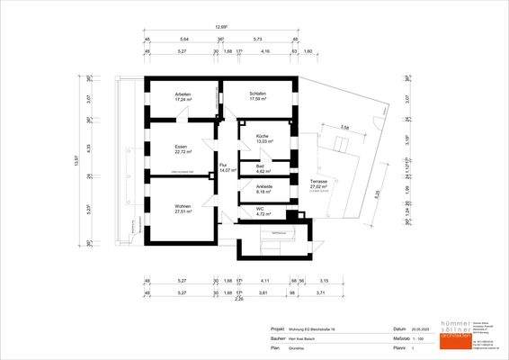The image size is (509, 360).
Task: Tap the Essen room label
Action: click(181, 146)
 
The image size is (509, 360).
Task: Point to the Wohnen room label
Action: click(183, 206)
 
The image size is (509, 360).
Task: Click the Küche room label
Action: click(262, 136)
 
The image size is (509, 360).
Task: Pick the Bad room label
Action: click(259, 166)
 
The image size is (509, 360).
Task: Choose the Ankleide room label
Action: click(264, 186)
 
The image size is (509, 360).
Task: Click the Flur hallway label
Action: click(223, 165)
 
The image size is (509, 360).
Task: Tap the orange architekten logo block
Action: click(452, 334)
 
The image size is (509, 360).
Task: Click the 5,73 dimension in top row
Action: click(257, 40)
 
